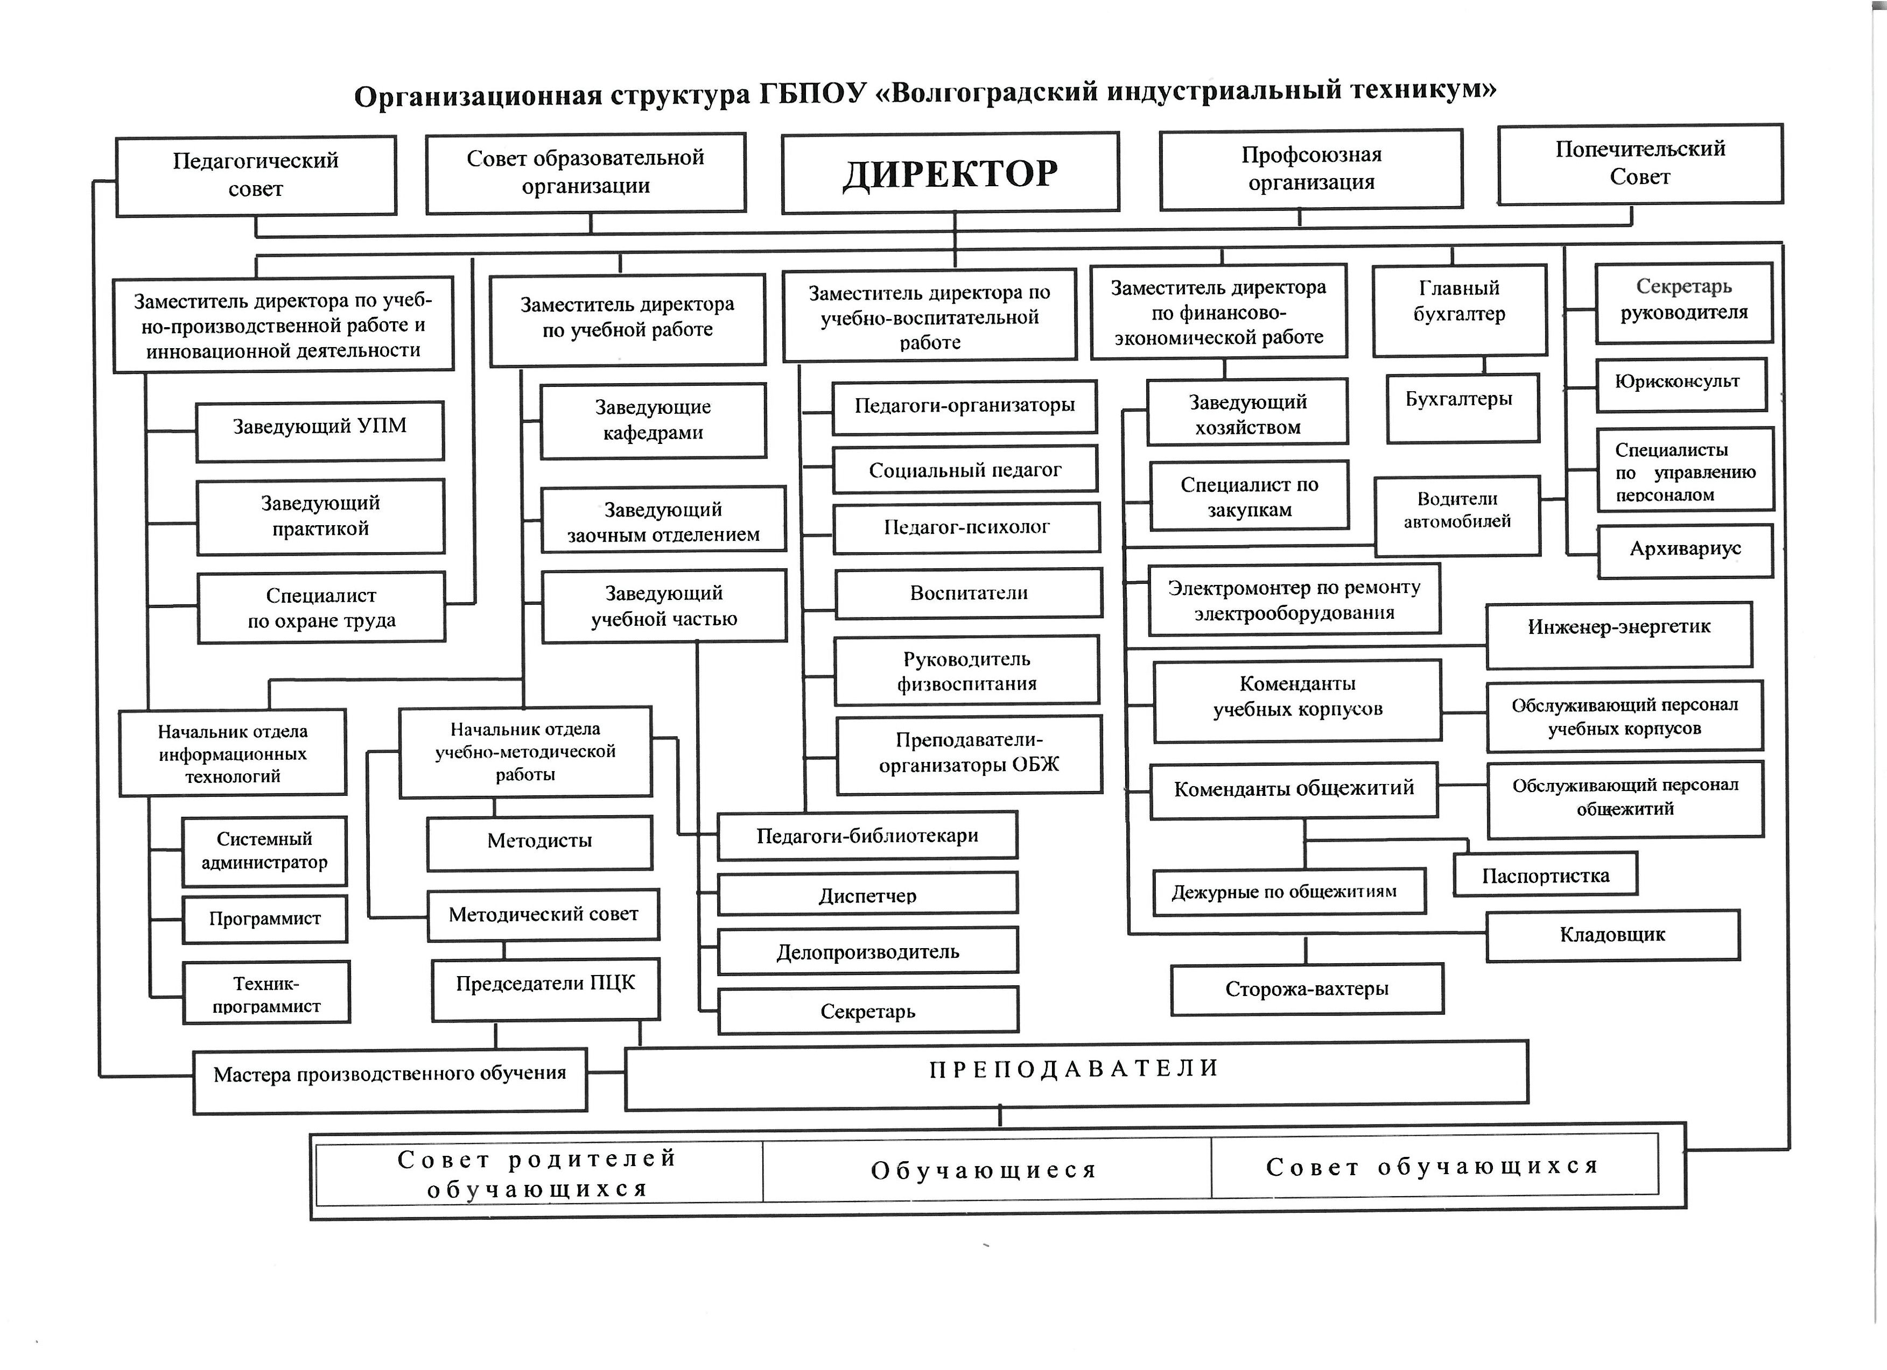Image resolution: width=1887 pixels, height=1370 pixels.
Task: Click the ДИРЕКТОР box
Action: pos(950,173)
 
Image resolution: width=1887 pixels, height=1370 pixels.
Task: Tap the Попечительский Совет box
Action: pos(1640,164)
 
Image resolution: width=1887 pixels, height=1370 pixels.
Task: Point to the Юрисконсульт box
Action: pos(1681,384)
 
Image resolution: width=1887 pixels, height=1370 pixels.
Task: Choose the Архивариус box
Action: pos(1685,550)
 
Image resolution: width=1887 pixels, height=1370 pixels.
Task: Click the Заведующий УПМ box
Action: pos(319,430)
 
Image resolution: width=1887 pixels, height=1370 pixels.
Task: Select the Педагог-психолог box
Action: pos(966,527)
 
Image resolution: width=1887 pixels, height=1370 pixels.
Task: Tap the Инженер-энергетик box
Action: pos(1618,634)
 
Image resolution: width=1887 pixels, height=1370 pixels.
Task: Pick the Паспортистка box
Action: pos(1545,874)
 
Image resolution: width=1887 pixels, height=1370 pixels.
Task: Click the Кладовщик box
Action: pos(1612,935)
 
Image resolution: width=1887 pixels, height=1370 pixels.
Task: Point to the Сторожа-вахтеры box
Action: pos(1306,989)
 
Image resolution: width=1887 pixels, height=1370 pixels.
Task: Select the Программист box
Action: pos(264,919)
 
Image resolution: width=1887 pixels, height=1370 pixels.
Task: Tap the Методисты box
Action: pos(539,842)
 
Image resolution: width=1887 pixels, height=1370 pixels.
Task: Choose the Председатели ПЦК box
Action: pos(545,988)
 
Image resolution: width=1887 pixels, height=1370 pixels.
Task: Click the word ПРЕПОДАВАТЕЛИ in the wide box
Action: pos(1074,1069)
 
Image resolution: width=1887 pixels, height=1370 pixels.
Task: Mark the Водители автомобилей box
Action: pos(1457,515)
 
